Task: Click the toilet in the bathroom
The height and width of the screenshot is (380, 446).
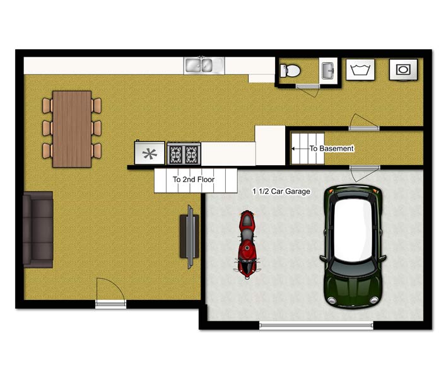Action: coord(290,71)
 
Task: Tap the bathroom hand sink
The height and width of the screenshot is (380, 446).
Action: coord(329,71)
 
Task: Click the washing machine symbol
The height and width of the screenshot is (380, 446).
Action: coord(360,69)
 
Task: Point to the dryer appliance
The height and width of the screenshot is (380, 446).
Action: coord(403,69)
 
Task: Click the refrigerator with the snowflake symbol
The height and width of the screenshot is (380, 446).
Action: coord(150,153)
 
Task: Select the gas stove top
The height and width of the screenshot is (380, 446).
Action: coord(184,154)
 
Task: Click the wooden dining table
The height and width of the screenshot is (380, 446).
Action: coord(72,129)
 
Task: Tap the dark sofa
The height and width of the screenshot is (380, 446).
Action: coord(38,229)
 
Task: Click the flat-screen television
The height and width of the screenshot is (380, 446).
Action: coord(190,237)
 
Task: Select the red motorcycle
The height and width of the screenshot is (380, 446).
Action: coord(247,245)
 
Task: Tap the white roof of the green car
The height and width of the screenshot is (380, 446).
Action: coord(353,229)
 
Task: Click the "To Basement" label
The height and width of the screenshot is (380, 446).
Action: coord(331,148)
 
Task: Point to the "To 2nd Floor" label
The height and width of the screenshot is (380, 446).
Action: coord(194,180)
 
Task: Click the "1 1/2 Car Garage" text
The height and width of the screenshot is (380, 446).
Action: coord(281,192)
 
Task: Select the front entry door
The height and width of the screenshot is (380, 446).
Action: coord(110,304)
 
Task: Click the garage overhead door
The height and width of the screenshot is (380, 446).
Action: coord(316,325)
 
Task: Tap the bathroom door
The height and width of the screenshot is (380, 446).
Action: coord(307,86)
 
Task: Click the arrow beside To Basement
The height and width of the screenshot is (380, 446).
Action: coord(301,148)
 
